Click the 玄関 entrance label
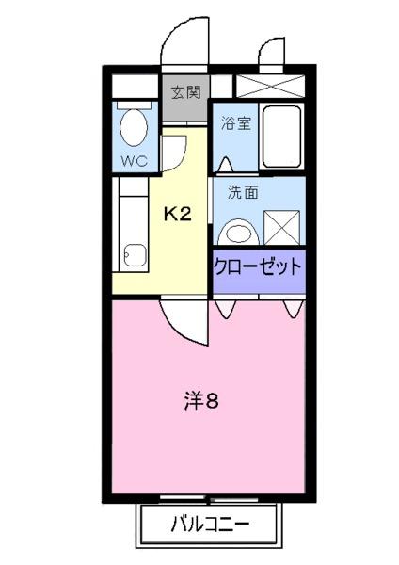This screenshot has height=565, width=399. click(x=185, y=92)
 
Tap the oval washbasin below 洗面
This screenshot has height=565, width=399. click(x=239, y=230)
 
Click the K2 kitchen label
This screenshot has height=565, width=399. click(x=178, y=215)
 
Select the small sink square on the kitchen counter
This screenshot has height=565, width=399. click(x=136, y=253)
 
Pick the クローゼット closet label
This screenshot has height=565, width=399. click(x=258, y=266)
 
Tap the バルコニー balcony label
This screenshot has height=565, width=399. click(x=210, y=524)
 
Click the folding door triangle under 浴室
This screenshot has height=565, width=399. click(x=224, y=166)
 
